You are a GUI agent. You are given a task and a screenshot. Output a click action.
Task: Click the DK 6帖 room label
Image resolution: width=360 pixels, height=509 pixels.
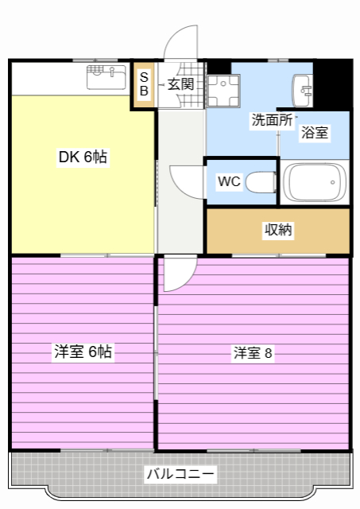tap(83, 157)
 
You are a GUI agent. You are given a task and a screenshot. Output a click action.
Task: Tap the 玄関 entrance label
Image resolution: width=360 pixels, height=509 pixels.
tap(180, 84)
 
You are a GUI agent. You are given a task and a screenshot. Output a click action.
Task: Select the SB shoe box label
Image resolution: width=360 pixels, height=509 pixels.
tap(144, 84)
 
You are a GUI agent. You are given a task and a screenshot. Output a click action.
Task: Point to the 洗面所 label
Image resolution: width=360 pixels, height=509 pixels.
tap(272, 121)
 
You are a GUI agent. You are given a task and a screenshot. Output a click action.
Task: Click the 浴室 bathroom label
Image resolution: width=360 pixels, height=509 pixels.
tap(314, 133)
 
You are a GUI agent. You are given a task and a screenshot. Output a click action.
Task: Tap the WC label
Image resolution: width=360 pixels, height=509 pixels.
tap(229, 181)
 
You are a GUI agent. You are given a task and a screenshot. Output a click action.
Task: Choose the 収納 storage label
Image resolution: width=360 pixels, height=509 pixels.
tap(277, 231)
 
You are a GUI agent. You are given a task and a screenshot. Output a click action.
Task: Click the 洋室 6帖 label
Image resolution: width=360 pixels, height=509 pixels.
tap(83, 352)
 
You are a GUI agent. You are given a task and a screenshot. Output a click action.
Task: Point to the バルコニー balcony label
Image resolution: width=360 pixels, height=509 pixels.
tap(180, 475)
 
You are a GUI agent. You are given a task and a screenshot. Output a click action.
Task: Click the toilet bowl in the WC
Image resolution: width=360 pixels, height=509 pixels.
tap(260, 182)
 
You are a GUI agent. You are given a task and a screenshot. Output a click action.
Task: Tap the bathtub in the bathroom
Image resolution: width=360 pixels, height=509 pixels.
tap(315, 182)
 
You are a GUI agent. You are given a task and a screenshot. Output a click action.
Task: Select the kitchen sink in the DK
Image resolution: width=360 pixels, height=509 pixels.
tap(106, 79)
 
